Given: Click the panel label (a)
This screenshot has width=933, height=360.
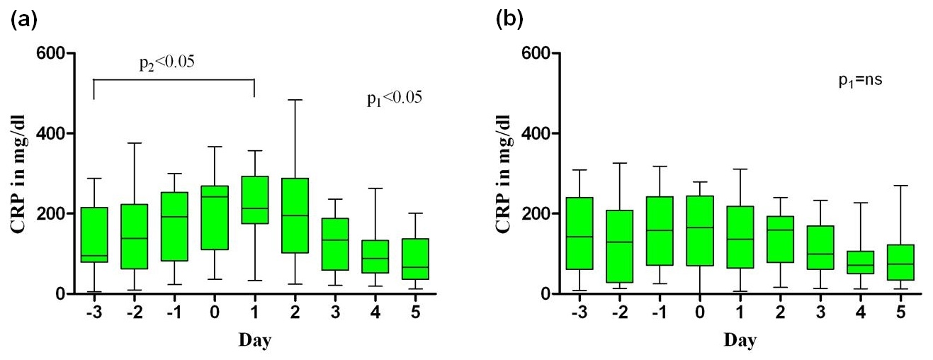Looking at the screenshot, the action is [24, 20].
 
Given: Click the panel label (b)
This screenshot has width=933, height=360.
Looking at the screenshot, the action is [509, 20].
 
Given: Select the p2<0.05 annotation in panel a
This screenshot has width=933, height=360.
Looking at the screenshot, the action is [166, 63].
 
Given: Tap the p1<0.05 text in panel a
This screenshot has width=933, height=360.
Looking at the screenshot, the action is [395, 99].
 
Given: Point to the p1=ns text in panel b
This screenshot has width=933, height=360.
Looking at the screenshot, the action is [861, 79].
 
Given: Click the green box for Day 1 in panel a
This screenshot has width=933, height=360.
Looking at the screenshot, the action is [254, 200].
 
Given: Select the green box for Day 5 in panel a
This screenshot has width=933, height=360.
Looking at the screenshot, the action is [415, 259].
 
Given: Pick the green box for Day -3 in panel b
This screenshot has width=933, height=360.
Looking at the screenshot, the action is [579, 233].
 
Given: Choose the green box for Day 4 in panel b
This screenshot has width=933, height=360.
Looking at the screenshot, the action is [861, 262].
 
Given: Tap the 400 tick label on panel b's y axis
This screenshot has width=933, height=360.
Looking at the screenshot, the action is [536, 133].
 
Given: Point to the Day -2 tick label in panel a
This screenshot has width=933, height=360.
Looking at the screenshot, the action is [134, 312].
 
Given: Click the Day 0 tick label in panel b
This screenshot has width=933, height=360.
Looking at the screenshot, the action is [700, 312].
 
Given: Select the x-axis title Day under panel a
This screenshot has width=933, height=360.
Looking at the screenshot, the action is [255, 340].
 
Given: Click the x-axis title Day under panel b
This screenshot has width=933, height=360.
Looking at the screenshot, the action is [740, 340].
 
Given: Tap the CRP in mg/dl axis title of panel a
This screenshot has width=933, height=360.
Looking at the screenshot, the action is [18, 174].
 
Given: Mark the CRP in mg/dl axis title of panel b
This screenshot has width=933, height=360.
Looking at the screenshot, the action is [504, 174].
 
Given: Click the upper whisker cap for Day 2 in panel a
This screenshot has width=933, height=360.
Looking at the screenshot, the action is [295, 100].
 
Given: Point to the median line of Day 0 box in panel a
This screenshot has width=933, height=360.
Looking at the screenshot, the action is [215, 197].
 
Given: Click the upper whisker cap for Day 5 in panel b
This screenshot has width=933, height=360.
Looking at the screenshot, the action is [901, 186].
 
